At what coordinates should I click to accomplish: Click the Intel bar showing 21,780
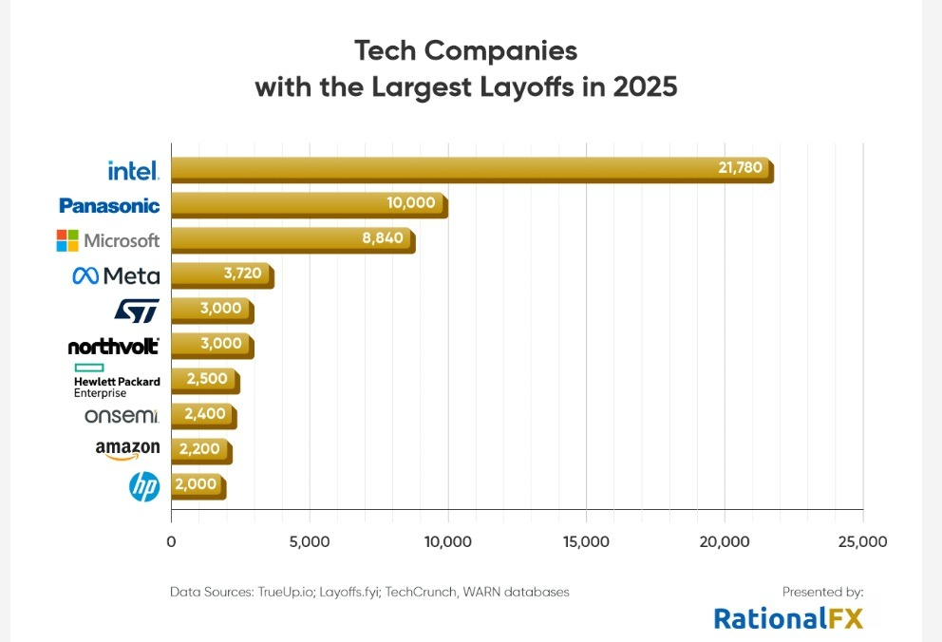[x=471, y=170]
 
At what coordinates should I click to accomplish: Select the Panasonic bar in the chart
[x=309, y=205]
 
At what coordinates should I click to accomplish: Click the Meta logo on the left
[x=116, y=275]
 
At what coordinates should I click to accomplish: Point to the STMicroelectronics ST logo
[x=136, y=311]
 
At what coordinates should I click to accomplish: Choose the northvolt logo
[x=113, y=347]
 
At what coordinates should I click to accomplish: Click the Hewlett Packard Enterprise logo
[x=116, y=381]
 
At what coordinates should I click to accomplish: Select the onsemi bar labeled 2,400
[x=203, y=416]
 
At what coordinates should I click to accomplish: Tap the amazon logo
[x=127, y=449]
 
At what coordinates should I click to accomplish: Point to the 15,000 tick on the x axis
[x=586, y=542]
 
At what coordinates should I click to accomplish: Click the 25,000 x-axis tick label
[x=862, y=542]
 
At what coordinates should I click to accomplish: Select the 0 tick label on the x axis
[x=171, y=542]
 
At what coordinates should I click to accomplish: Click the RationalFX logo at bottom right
[x=788, y=619]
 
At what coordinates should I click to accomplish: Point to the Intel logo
[x=133, y=171]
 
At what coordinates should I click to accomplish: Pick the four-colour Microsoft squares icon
[x=67, y=240]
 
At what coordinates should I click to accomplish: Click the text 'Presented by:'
[x=822, y=592]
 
